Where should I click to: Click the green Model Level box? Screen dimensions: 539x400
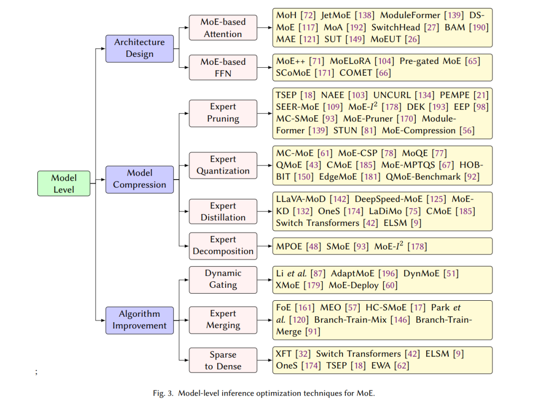pos(64,184)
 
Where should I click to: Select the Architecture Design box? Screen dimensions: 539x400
pos(140,48)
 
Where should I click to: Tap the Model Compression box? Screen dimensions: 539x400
pos(140,180)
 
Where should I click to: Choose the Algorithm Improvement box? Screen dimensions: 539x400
pos(140,320)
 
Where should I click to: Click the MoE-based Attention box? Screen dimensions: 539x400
pos(223,27)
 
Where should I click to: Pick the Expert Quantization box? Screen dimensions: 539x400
pos(223,165)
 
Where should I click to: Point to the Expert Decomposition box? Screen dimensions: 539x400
pos(223,246)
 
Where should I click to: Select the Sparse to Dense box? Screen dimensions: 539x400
pos(223,360)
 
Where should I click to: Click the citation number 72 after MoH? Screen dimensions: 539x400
pos(307,15)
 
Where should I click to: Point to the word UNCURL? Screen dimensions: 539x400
pos(392,95)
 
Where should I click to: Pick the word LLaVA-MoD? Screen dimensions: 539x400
pos(301,200)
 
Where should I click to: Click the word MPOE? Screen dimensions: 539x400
pos(288,246)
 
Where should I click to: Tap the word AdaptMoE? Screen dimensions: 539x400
pos(353,273)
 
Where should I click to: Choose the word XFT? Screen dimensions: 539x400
pos(283,354)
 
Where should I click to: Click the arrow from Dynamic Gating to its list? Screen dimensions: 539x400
pos(265,280)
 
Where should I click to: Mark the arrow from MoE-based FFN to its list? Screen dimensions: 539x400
pos(265,67)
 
